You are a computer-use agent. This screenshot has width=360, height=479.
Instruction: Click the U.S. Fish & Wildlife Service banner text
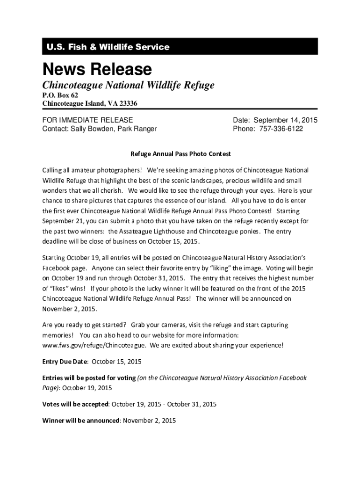tap(108, 47)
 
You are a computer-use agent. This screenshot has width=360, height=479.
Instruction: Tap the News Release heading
tap(97, 70)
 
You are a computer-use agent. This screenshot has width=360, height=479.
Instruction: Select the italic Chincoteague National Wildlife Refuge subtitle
tap(128, 86)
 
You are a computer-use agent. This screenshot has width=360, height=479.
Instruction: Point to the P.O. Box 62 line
tap(60, 95)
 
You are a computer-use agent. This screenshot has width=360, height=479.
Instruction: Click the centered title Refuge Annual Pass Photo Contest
tap(180, 154)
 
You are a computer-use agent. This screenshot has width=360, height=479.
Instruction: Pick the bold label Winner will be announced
tap(81, 421)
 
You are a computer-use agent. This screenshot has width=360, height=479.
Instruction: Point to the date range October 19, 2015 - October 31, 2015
tap(164, 404)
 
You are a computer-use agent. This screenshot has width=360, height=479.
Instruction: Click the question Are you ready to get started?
tap(84, 325)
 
